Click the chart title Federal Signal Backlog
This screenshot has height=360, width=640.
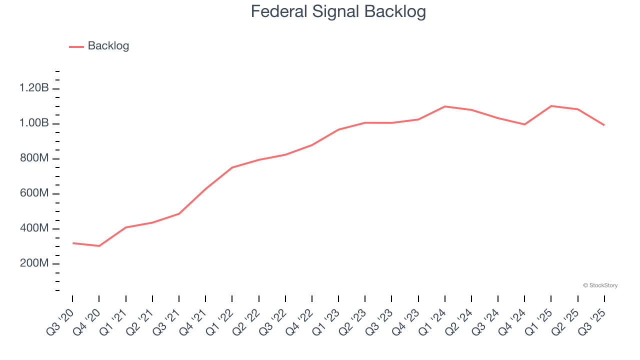coord(338,11)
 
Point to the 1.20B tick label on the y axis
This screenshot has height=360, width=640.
coord(34,88)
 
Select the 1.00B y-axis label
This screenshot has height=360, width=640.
coord(34,123)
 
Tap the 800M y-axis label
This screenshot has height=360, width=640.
coord(34,158)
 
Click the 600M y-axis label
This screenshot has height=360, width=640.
coord(34,193)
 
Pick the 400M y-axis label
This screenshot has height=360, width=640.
coord(34,228)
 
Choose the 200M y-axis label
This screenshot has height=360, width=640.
coord(34,263)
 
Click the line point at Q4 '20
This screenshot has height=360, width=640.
coord(99,246)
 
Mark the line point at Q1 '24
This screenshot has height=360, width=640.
coord(445,106)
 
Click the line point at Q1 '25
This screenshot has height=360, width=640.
coord(551,106)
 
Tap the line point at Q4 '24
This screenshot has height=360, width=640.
coord(524,124)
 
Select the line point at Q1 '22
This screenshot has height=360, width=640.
coord(232,167)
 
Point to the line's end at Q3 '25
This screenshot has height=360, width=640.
coord(604,125)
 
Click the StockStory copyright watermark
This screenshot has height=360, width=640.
coord(600,285)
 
